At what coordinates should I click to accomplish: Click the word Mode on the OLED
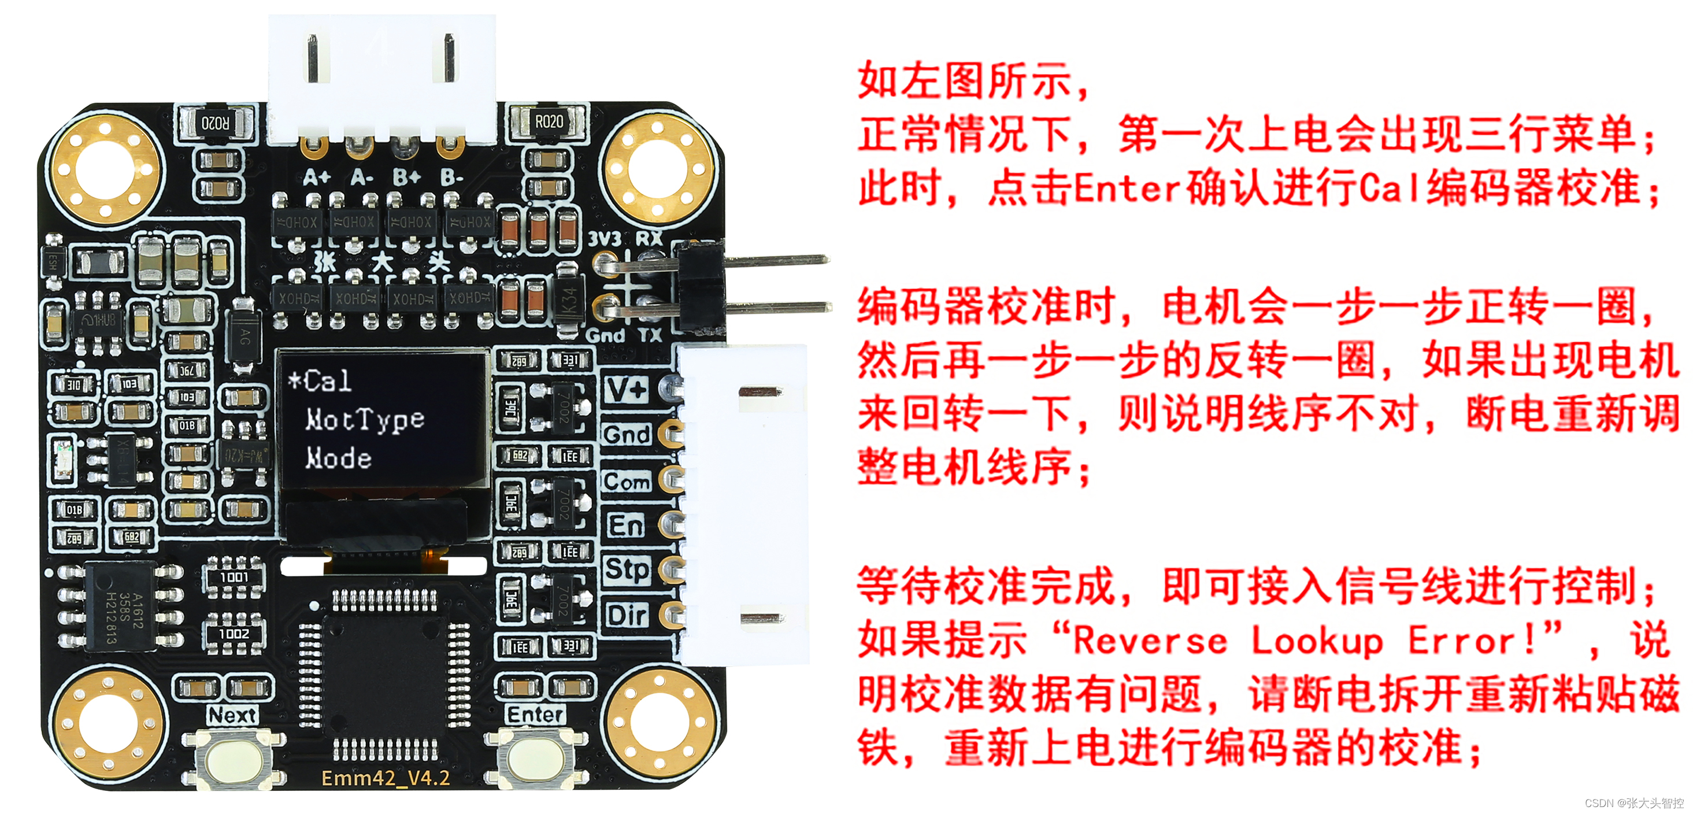339,458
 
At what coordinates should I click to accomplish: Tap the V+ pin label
627,390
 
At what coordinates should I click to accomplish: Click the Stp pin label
627,569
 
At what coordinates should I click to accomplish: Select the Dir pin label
627,616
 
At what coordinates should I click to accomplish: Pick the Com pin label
627,482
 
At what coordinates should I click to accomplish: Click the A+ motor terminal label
317,177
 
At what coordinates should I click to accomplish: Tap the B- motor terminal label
451,177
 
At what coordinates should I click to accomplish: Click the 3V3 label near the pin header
604,239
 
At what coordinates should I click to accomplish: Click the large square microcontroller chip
384,671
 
